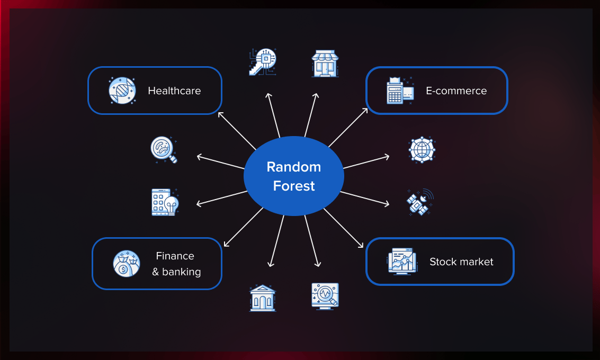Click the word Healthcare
pyautogui.click(x=174, y=91)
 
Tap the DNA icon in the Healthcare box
pyautogui.click(x=122, y=91)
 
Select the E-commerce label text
pyautogui.click(x=456, y=91)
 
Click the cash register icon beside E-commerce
pyautogui.click(x=399, y=91)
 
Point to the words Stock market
pyautogui.click(x=461, y=262)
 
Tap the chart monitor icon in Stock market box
pyautogui.click(x=402, y=261)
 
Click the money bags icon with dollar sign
pyautogui.click(x=127, y=264)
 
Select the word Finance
pyautogui.click(x=175, y=256)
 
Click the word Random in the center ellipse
pyautogui.click(x=293, y=167)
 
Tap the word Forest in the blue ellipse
pyautogui.click(x=293, y=186)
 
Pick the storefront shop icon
pyautogui.click(x=325, y=64)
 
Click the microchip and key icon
pyautogui.click(x=263, y=62)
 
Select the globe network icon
pyautogui.click(x=422, y=149)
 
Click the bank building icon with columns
pyautogui.click(x=263, y=298)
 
